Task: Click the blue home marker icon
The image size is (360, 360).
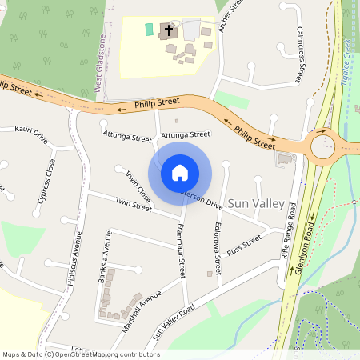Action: point(180,172)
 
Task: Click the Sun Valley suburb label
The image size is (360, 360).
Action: point(256,204)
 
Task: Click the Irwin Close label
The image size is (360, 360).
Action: point(138,185)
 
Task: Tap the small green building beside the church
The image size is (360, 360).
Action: point(148,30)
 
